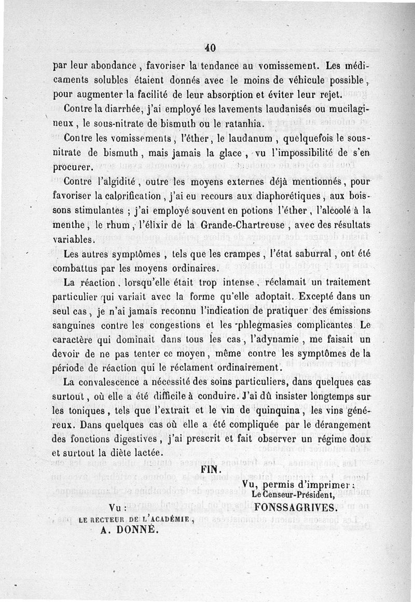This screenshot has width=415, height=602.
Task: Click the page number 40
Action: [210, 48]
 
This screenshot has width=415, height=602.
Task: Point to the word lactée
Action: [157, 452]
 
